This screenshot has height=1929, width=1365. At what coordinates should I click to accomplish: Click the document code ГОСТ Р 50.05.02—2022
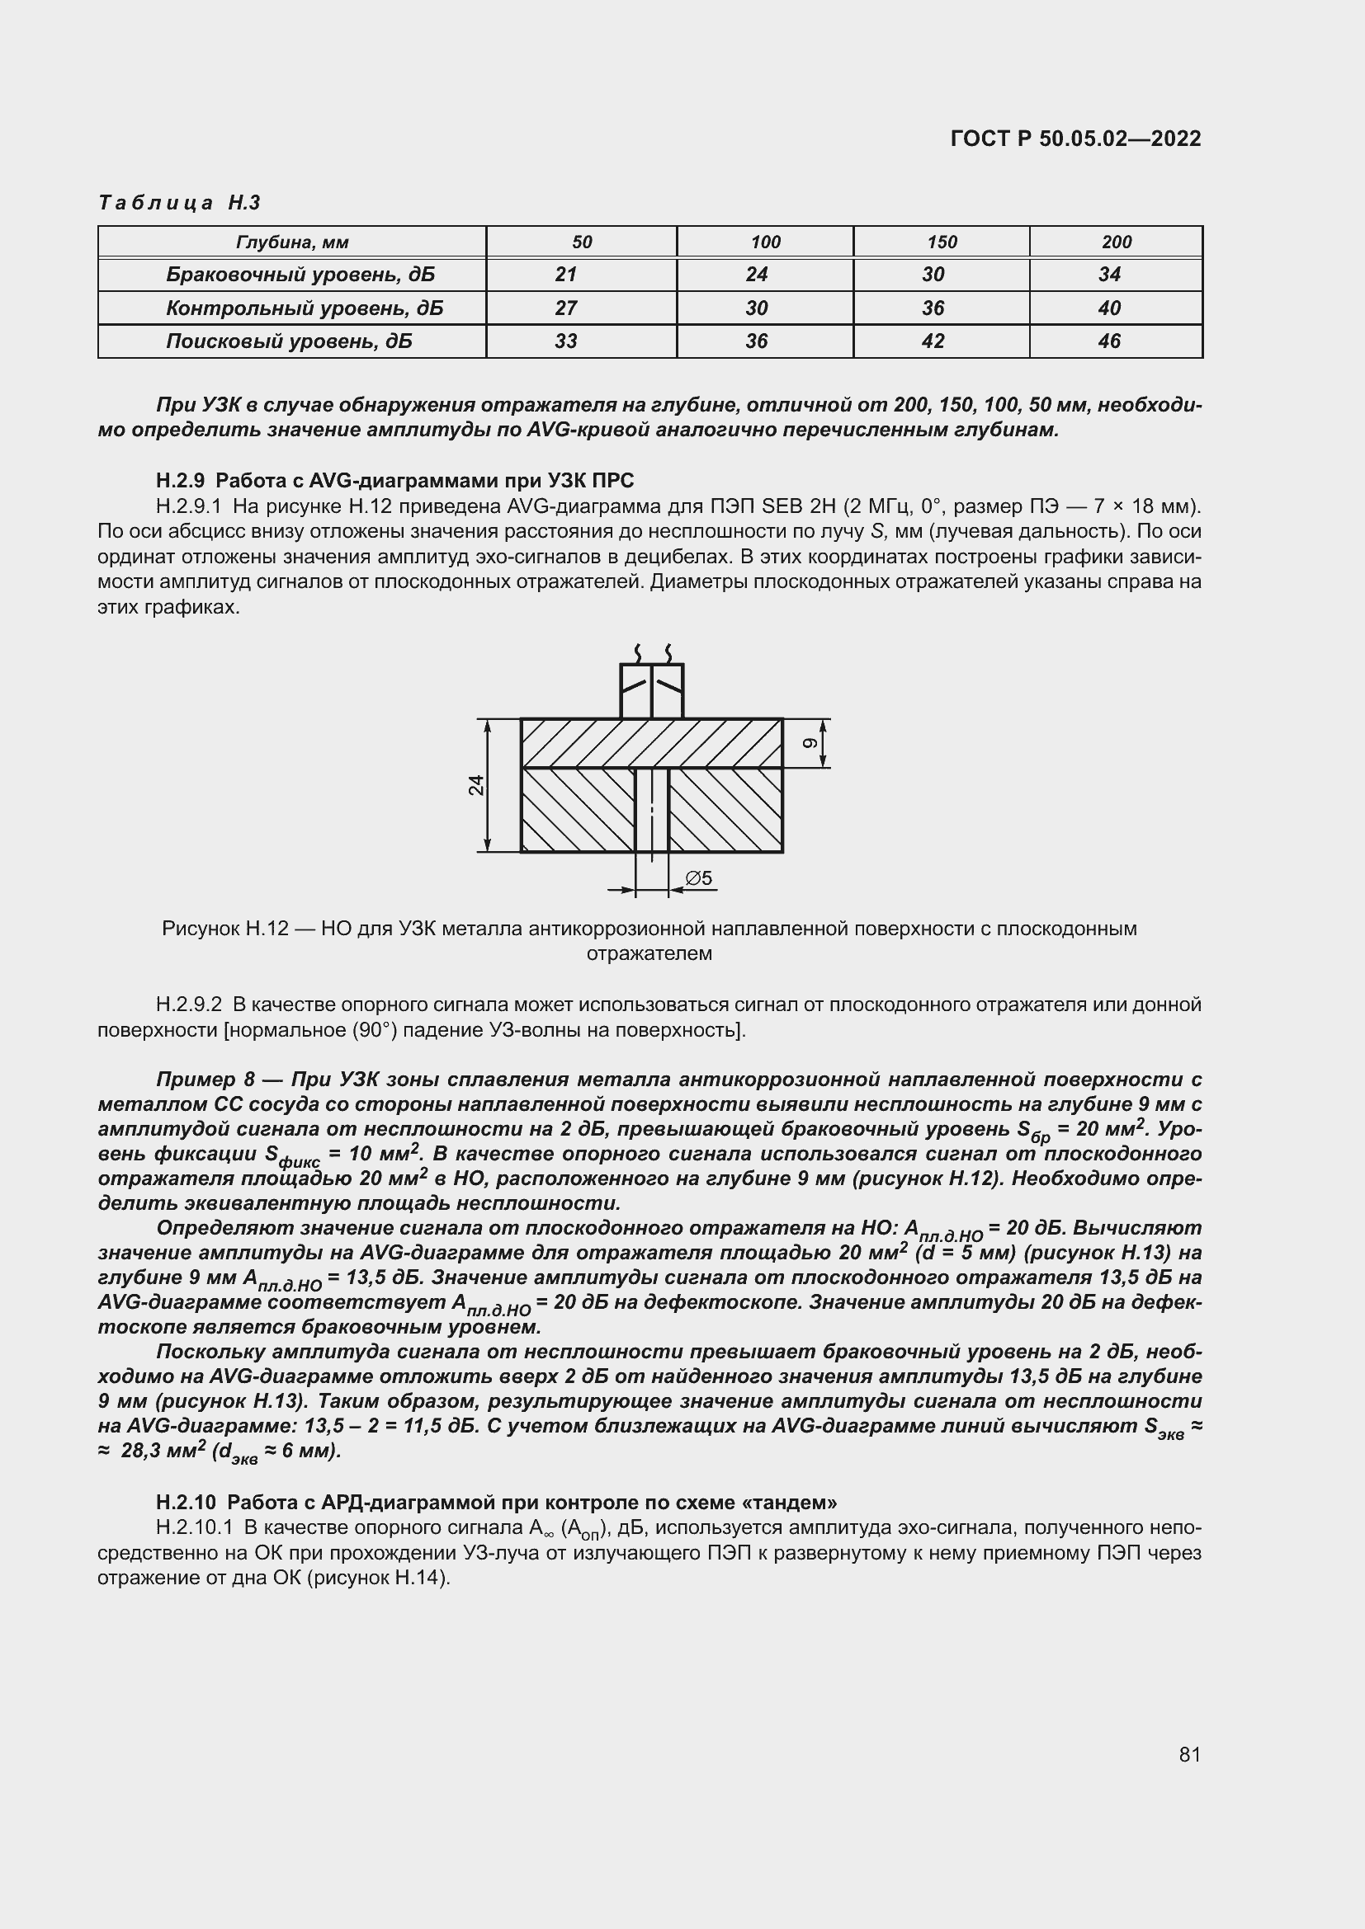click(1075, 139)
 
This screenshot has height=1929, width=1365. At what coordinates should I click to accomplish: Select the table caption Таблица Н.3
click(179, 203)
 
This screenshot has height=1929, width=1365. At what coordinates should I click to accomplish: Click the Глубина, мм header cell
click(291, 242)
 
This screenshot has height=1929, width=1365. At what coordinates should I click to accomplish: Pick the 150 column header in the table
click(942, 242)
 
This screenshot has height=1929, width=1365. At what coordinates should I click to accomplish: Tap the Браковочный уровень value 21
click(565, 275)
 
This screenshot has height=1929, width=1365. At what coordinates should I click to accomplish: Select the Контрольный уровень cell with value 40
click(1108, 308)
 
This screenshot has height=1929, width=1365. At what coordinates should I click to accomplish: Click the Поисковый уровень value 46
click(1108, 341)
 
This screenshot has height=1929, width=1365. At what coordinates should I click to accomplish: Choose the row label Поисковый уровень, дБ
click(289, 341)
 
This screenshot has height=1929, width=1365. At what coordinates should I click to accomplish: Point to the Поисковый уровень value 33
click(565, 341)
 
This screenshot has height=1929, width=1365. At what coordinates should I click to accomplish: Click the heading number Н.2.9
click(180, 481)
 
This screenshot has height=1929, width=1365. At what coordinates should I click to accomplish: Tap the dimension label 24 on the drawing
click(476, 784)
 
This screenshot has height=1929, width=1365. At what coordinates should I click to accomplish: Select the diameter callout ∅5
click(698, 878)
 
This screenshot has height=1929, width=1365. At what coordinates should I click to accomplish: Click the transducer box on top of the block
click(651, 690)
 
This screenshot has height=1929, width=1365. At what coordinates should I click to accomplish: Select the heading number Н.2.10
click(186, 1502)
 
